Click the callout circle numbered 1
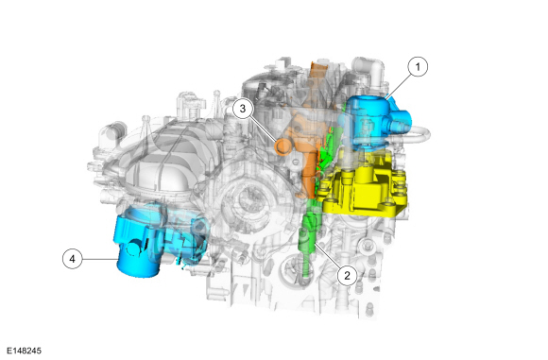(x=418, y=66)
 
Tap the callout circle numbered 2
(x=347, y=276)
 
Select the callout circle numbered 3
(x=243, y=109)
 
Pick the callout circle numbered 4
(x=72, y=259)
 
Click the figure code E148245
(x=25, y=351)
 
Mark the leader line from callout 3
(x=263, y=129)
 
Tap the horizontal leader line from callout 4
(x=99, y=259)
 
